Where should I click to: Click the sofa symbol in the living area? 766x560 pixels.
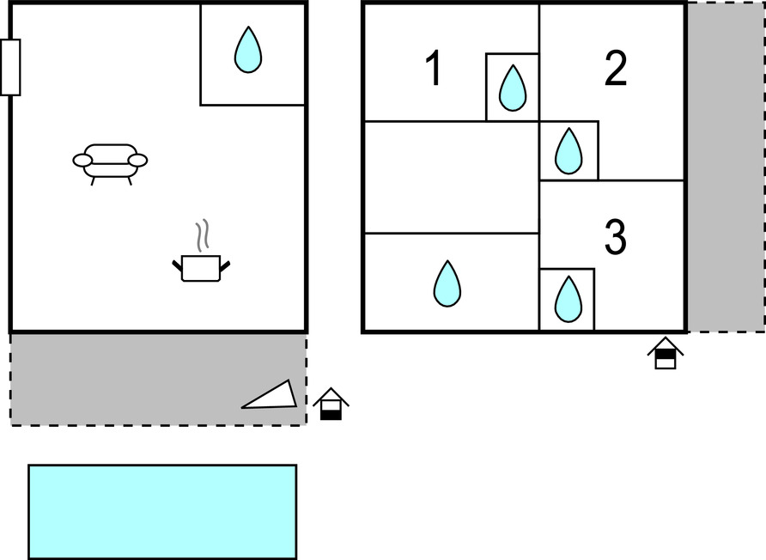pos(110,161)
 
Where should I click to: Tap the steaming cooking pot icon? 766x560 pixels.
pos(201,266)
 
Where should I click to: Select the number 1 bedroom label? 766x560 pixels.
pos(435,69)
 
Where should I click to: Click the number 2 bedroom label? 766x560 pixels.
pos(615,69)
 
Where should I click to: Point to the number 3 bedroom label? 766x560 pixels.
pos(615,238)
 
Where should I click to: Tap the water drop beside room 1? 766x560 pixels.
pos(513,88)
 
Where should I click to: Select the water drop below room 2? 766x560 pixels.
pos(568,151)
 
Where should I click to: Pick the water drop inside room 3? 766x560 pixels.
pos(568,299)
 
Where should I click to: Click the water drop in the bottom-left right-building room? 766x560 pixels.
pos(447,283)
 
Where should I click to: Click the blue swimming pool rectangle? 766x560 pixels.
pos(162,512)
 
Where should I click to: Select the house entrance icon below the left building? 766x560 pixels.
pos(331,405)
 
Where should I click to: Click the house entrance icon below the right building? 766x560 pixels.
pos(666,353)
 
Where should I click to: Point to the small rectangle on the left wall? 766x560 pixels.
pos(10,67)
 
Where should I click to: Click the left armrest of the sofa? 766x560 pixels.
pos(82,160)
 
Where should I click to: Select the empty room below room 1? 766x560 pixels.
pos(452,177)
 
